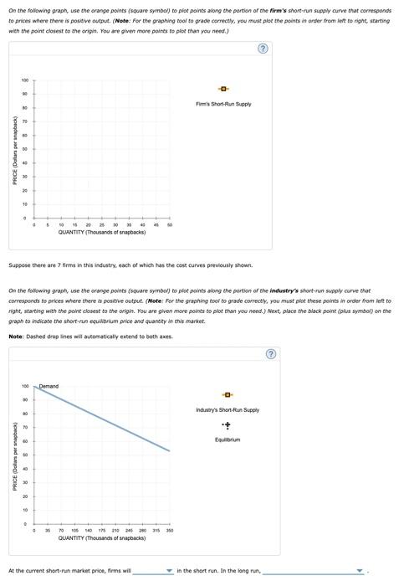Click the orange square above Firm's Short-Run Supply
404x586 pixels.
click(x=223, y=89)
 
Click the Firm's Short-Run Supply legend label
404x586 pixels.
click(x=223, y=104)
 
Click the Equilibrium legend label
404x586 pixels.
click(x=228, y=439)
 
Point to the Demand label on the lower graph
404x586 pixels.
click(x=49, y=386)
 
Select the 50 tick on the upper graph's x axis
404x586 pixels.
click(x=170, y=225)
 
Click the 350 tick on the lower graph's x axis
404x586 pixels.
click(x=170, y=531)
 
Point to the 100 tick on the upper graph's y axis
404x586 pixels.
click(x=25, y=80)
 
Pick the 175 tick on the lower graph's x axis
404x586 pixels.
click(x=102, y=531)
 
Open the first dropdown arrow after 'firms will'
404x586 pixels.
click(x=169, y=572)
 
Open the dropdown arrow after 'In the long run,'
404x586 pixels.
click(x=360, y=572)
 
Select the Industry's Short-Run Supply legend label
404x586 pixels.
click(x=228, y=409)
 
